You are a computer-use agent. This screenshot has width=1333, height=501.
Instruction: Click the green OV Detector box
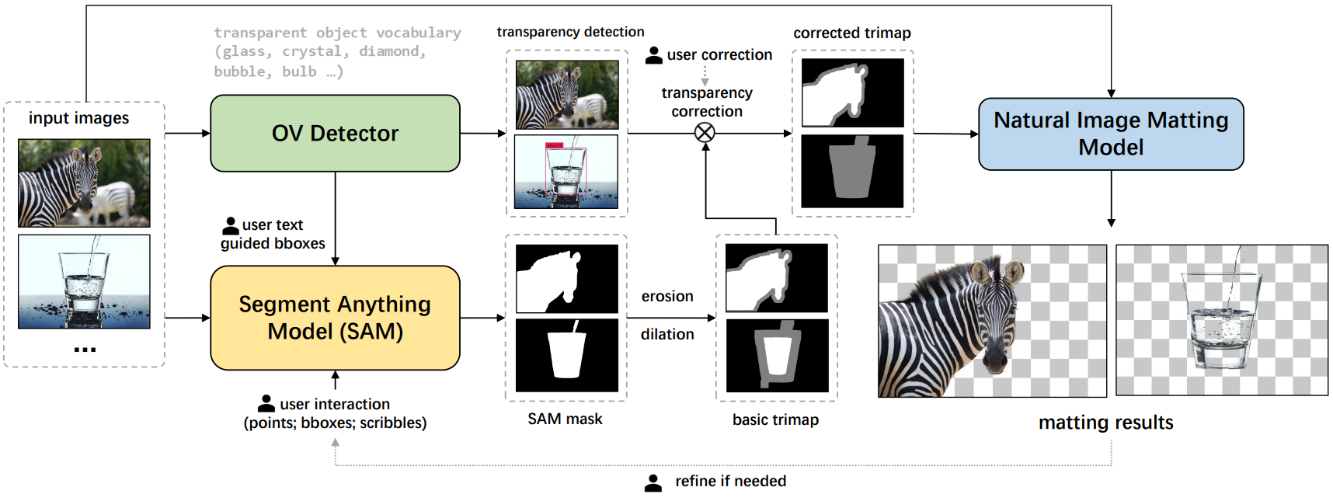coord(335,133)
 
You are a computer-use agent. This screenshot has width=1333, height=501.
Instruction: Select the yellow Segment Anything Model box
coord(335,318)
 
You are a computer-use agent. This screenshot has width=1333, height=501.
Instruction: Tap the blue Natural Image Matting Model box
coord(1111,134)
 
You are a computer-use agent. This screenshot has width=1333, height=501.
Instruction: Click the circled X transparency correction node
coord(705,133)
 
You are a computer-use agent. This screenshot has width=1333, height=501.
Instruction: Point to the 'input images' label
coord(78,118)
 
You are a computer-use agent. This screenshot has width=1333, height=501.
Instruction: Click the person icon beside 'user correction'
coord(654,55)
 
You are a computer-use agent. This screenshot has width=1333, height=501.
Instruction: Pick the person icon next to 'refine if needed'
coord(653,482)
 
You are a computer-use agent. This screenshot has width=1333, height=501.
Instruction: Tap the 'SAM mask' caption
coord(565,419)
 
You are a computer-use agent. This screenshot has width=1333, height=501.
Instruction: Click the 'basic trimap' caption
coord(775,419)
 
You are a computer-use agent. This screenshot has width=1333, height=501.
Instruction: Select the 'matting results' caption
coord(1105,423)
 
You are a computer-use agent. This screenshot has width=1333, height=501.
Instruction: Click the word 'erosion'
coord(667,296)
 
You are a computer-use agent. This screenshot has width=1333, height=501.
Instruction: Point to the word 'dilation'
coord(667,334)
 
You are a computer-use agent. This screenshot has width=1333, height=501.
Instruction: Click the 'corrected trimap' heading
coord(851,33)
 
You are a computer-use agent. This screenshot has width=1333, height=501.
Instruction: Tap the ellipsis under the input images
coord(85,350)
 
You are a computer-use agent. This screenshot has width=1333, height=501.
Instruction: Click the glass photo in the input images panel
coord(84,281)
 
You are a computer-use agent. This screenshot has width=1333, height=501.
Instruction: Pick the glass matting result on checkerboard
coord(1221,320)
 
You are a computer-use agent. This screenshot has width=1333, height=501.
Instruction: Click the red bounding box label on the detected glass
coord(554,145)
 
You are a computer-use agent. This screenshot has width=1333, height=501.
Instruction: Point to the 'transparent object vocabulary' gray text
coord(337,33)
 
